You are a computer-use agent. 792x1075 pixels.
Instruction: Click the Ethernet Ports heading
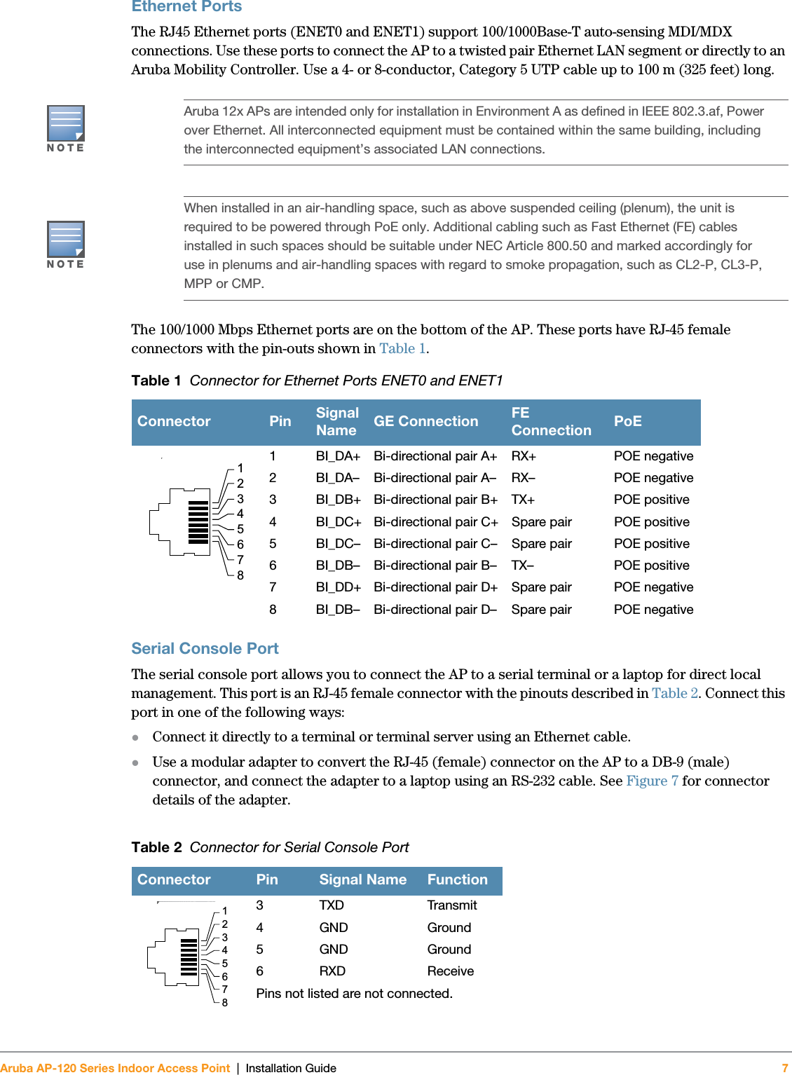[x=186, y=7]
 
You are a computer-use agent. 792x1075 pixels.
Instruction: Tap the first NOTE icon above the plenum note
[x=66, y=124]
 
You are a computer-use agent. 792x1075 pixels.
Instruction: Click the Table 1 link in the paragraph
[x=402, y=348]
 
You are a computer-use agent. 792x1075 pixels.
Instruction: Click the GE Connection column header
[x=425, y=421]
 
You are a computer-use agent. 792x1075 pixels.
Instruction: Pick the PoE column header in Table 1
[x=627, y=421]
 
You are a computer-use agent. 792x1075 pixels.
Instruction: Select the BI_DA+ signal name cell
[x=338, y=456]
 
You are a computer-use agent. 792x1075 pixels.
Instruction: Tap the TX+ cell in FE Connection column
[x=523, y=500]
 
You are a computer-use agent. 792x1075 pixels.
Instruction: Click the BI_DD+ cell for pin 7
[x=338, y=587]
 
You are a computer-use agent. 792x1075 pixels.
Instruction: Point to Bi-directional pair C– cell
[x=435, y=544]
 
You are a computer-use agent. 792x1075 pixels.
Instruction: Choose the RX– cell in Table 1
[x=523, y=478]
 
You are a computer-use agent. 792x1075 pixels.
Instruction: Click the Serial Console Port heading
[x=205, y=648]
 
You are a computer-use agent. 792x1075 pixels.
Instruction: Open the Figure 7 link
[x=652, y=781]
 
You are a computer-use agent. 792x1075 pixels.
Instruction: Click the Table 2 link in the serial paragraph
[x=674, y=693]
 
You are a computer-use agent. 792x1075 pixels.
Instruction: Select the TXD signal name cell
[x=332, y=905]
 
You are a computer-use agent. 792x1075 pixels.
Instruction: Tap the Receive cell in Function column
[x=450, y=971]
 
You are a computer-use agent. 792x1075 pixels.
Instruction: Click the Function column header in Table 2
[x=457, y=879]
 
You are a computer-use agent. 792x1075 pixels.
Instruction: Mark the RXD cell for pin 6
[x=332, y=971]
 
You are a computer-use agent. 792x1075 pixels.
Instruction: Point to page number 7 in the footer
[x=784, y=1068]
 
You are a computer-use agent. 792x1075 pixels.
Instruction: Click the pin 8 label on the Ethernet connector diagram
[x=240, y=575]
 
